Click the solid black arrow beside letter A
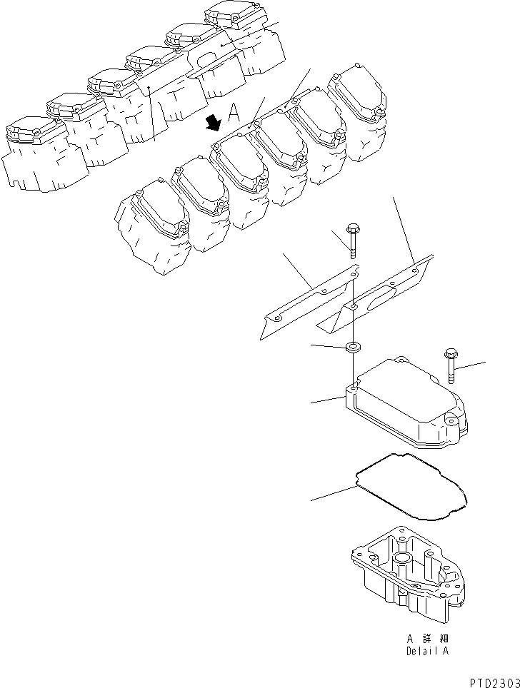click(212, 124)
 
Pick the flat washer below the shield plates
click(353, 348)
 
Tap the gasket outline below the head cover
click(410, 485)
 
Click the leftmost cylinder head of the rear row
click(32, 157)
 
